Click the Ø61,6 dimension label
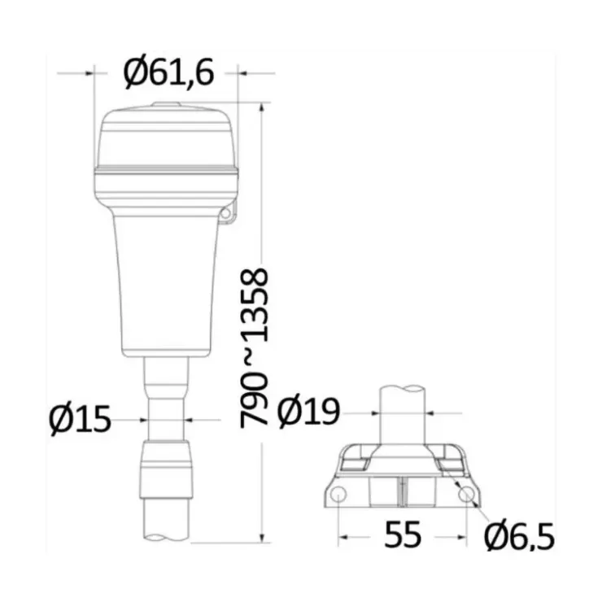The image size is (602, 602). tap(168, 72)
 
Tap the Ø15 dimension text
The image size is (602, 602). tap(81, 419)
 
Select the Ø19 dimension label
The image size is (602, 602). tap(308, 411)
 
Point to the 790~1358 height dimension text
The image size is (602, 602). tap(254, 348)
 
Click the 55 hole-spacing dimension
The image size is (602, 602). tap(403, 534)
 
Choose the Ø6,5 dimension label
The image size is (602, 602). tap(519, 536)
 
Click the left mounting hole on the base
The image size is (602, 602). tap(338, 494)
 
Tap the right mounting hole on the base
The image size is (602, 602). tap(466, 495)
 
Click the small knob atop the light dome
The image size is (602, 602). tap(166, 104)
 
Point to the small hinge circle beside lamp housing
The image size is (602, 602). tap(226, 213)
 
